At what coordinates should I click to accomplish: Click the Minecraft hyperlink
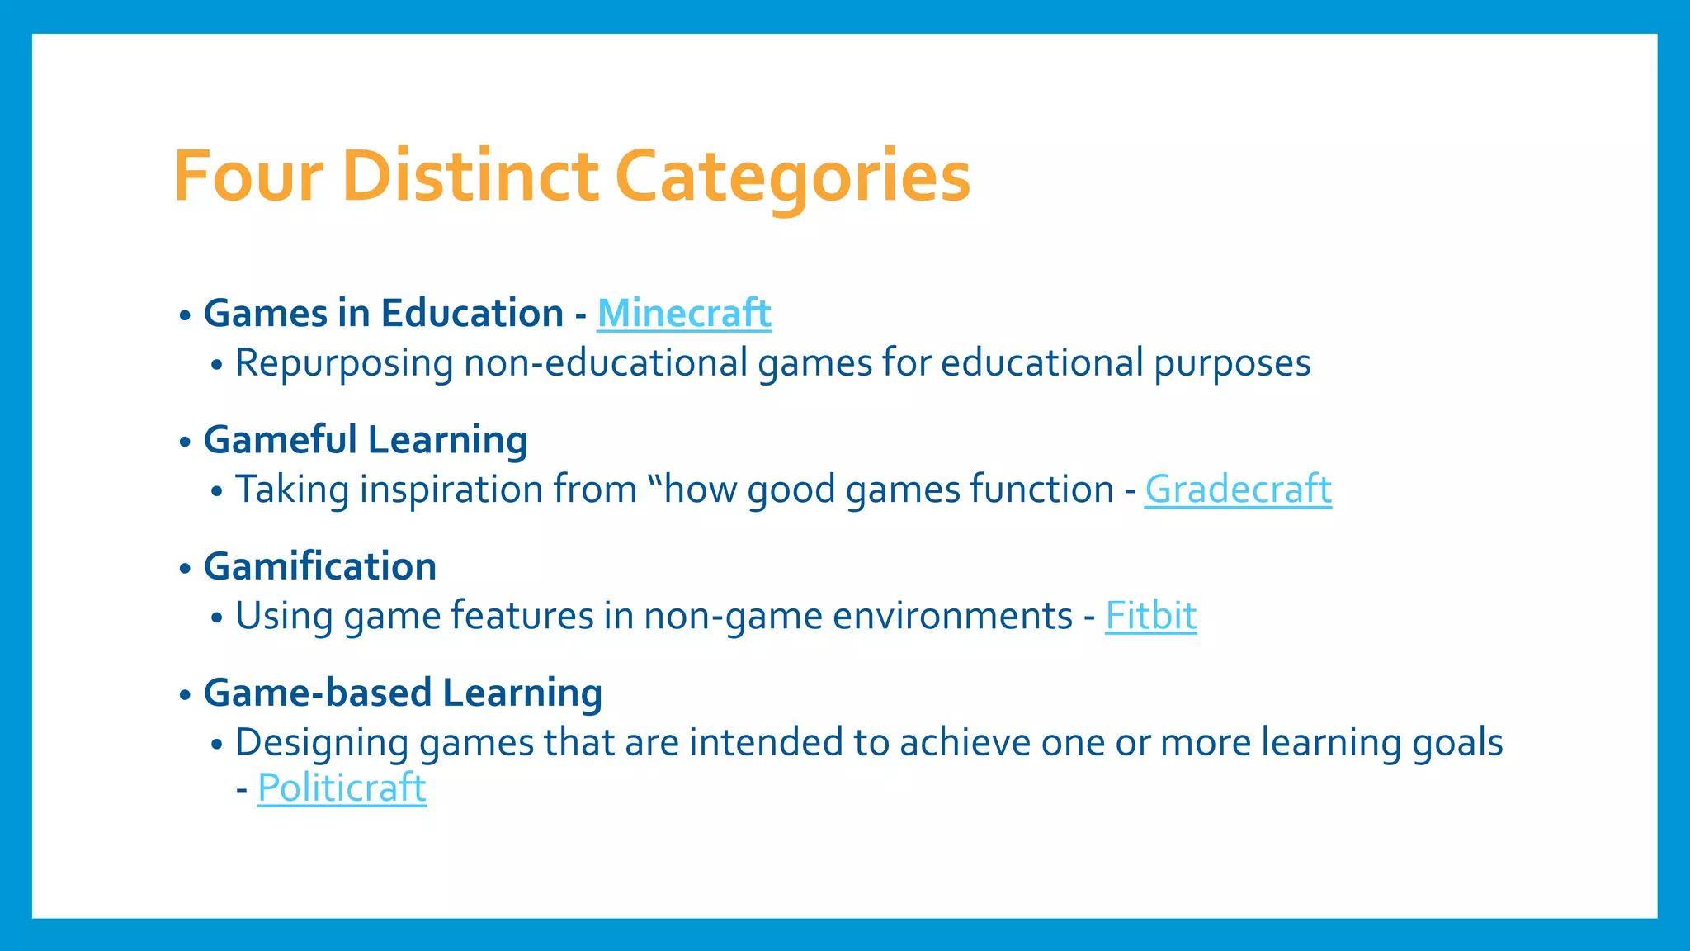coord(683,314)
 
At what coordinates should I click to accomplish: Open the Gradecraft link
coord(1237,490)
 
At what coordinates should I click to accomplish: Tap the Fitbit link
coord(1150,616)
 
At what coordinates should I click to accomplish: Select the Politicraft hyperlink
coord(342,788)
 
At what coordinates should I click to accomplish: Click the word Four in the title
coord(248,176)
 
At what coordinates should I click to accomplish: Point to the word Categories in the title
coord(792,176)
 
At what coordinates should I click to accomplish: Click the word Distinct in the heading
coord(470,176)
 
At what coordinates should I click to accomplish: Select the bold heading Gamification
coord(320,566)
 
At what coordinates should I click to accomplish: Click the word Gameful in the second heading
coord(281,440)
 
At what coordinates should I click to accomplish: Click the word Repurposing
coord(344,364)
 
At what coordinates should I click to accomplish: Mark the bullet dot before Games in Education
coord(185,315)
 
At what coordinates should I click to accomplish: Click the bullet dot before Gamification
coord(185,568)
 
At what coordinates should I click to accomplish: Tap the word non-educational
coord(605,363)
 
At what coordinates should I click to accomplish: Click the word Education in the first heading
coord(472,314)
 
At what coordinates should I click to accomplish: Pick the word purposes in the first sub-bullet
coord(1231,364)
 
